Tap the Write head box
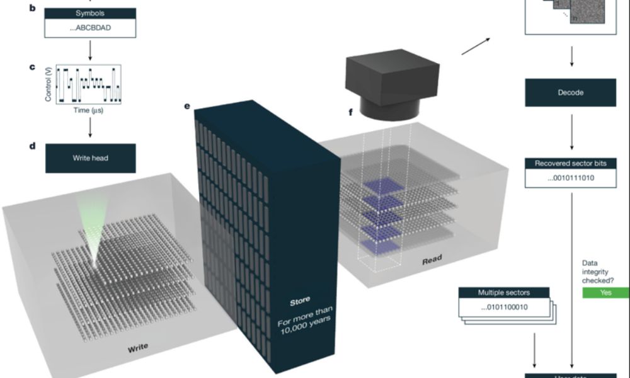tap(90, 158)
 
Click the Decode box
tap(570, 93)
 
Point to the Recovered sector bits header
tap(570, 164)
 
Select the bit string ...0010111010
tap(570, 178)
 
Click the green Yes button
tap(606, 292)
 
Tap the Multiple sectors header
tap(504, 293)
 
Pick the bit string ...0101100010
tap(504, 307)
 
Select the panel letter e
tap(187, 106)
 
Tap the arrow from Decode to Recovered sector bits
tap(571, 131)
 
